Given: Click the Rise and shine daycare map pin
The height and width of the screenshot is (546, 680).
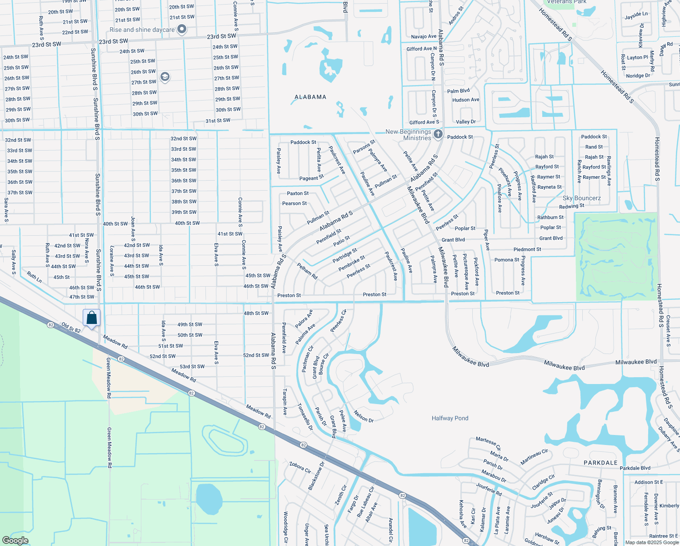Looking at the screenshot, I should pyautogui.click(x=182, y=30).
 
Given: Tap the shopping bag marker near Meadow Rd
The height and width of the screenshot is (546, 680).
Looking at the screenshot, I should pyautogui.click(x=91, y=318).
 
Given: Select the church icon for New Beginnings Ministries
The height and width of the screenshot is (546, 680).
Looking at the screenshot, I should pyautogui.click(x=438, y=134).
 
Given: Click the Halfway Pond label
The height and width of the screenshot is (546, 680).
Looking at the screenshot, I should pyautogui.click(x=450, y=418).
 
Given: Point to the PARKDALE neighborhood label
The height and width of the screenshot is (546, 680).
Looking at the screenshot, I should pyautogui.click(x=600, y=463).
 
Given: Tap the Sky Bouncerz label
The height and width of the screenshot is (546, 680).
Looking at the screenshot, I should pyautogui.click(x=581, y=198).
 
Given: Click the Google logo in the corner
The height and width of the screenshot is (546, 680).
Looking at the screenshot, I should pyautogui.click(x=15, y=540).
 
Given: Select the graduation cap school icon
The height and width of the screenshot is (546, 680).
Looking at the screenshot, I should pyautogui.click(x=165, y=77).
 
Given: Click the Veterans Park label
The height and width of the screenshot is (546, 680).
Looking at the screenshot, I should pyautogui.click(x=566, y=2).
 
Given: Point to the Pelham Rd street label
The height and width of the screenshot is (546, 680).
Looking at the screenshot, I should pyautogui.click(x=307, y=271).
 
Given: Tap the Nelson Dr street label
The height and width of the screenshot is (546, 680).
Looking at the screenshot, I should pyautogui.click(x=364, y=416).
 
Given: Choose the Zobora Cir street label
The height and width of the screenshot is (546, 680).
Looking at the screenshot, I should pyautogui.click(x=300, y=468).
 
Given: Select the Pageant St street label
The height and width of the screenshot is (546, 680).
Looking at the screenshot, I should pyautogui.click(x=311, y=177).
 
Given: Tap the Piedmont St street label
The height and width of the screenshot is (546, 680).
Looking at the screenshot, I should pyautogui.click(x=527, y=249).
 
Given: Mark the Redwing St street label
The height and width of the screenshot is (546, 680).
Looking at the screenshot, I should pyautogui.click(x=572, y=206).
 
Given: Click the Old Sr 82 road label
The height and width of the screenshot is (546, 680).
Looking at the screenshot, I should pyautogui.click(x=71, y=328).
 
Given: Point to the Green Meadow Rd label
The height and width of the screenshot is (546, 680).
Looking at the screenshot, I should pyautogui.click(x=109, y=448).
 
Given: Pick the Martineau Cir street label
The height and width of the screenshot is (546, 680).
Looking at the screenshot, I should pyautogui.click(x=534, y=457).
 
